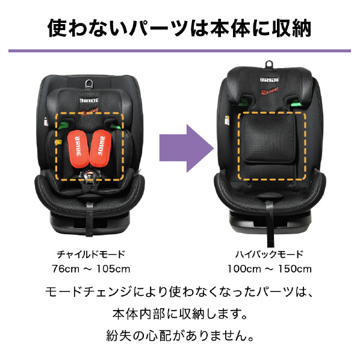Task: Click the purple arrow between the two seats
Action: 187,148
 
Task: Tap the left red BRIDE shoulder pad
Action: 78,149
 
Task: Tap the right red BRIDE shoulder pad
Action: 101,148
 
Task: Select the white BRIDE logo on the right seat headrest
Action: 270,79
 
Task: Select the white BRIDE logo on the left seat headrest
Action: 89,101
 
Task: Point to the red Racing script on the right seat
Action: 270,90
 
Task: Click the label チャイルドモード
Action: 91,255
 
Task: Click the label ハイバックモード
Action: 269,255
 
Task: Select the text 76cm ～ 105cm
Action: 91,269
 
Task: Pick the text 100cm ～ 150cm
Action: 269,269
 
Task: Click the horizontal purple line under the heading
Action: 179,51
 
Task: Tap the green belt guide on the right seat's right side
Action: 296,104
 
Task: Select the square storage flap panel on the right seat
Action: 268,138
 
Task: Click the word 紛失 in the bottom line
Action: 119,336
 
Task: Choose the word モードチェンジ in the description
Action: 89,292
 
